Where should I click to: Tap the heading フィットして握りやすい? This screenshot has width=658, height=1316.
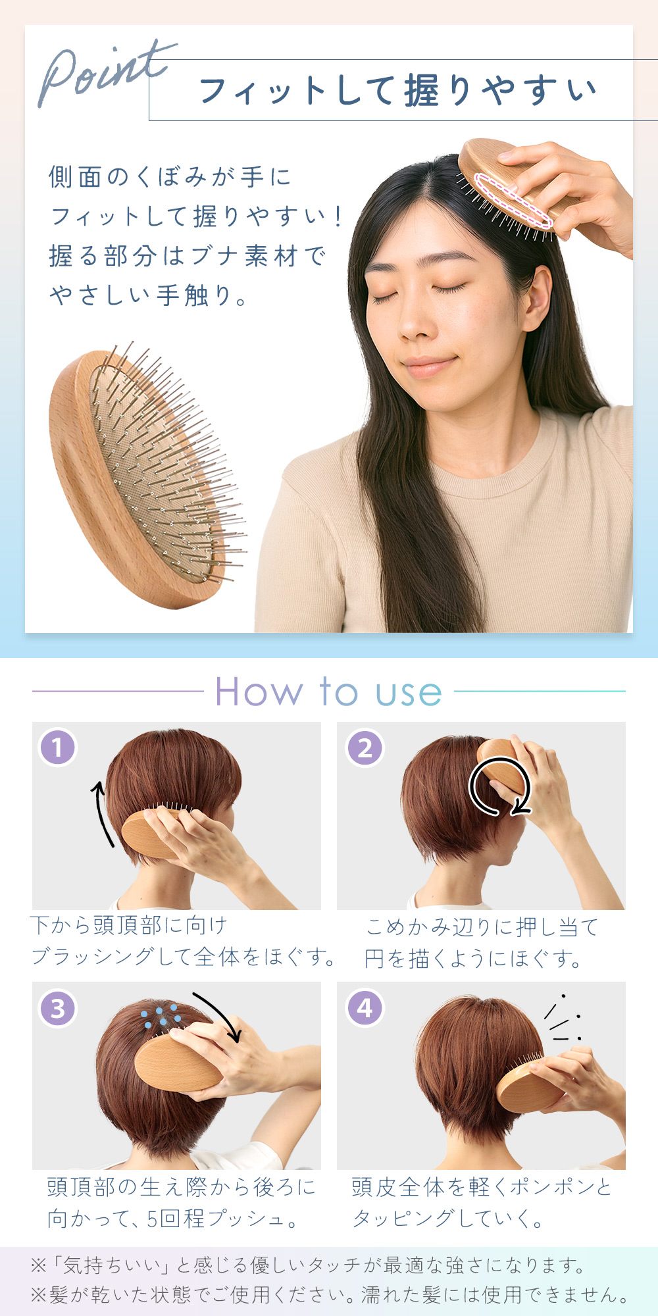click(398, 90)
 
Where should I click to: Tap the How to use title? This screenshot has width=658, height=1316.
click(328, 692)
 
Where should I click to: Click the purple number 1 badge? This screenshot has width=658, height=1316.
click(58, 747)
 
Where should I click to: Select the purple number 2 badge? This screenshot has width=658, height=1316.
click(365, 747)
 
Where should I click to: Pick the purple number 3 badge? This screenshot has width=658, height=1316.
click(58, 1008)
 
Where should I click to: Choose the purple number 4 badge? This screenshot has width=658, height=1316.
click(365, 1008)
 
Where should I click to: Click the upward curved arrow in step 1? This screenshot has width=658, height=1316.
click(100, 813)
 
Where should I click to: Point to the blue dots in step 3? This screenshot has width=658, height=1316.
click(161, 1015)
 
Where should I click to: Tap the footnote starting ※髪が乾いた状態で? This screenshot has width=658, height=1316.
click(330, 1294)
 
